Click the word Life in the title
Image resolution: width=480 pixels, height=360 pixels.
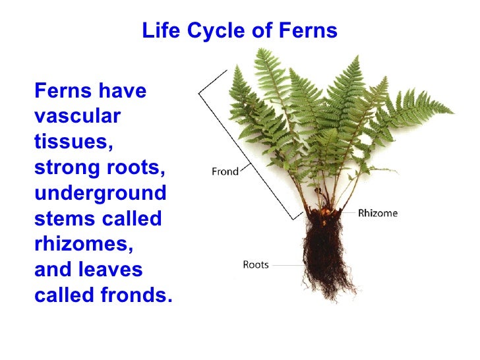(159, 31)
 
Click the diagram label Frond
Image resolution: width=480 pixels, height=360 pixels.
(225, 171)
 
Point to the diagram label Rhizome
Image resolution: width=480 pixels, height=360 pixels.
(378, 213)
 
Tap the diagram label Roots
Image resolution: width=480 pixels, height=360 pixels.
(256, 265)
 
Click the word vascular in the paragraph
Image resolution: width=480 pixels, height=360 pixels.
(77, 116)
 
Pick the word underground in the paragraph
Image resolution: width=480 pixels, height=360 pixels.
(100, 193)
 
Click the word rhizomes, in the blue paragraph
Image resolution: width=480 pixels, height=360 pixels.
(83, 245)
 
